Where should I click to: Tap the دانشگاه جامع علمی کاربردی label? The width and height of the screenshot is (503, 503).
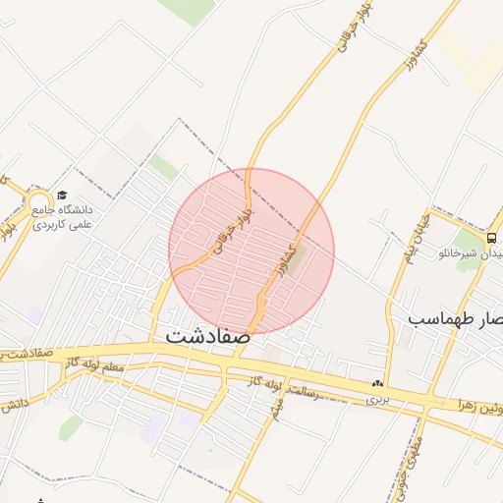(61, 217)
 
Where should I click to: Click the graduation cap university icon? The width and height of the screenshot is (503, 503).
(63, 196)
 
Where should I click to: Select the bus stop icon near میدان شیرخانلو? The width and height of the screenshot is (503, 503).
(490, 237)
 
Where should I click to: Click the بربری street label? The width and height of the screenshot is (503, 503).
(378, 400)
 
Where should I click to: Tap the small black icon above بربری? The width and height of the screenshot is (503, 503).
(376, 383)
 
